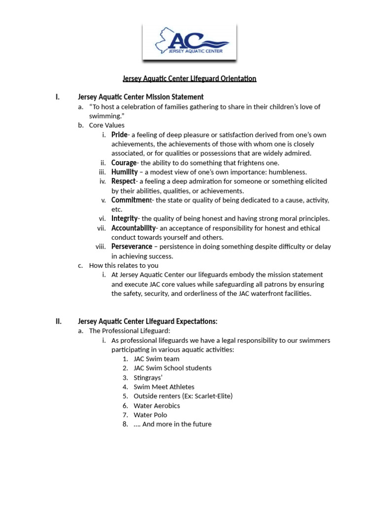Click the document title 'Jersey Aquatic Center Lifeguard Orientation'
tap(189, 78)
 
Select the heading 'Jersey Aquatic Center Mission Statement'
tap(141, 97)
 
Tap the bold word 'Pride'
tap(119, 135)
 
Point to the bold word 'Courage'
tap(124, 163)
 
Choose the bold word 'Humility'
tap(124, 172)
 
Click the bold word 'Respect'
tap(123, 181)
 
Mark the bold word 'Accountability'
tap(134, 228)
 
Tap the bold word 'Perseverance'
tap(132, 247)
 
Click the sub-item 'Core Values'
tap(107, 125)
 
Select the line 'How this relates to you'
tap(124, 265)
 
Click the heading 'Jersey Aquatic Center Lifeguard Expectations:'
tap(148, 322)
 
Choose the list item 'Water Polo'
tap(151, 415)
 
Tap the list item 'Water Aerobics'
tap(157, 405)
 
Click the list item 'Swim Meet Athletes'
tap(164, 387)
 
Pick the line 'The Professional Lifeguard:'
tap(129, 331)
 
